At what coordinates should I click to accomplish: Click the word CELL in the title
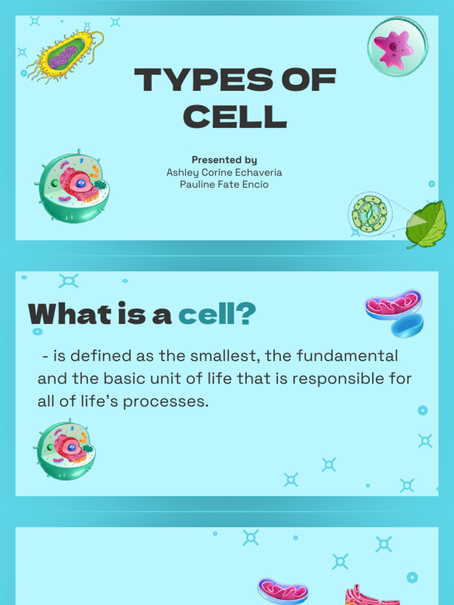[x=235, y=116]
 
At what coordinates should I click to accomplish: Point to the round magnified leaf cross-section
[x=370, y=213]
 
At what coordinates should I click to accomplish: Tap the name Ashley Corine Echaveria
[x=224, y=173]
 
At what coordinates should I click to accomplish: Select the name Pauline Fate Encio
[x=224, y=184]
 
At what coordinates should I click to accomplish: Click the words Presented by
[x=224, y=160]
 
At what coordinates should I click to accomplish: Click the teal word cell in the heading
[x=206, y=315]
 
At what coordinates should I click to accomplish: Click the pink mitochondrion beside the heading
[x=393, y=304]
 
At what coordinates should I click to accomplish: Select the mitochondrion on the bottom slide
[x=283, y=590]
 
